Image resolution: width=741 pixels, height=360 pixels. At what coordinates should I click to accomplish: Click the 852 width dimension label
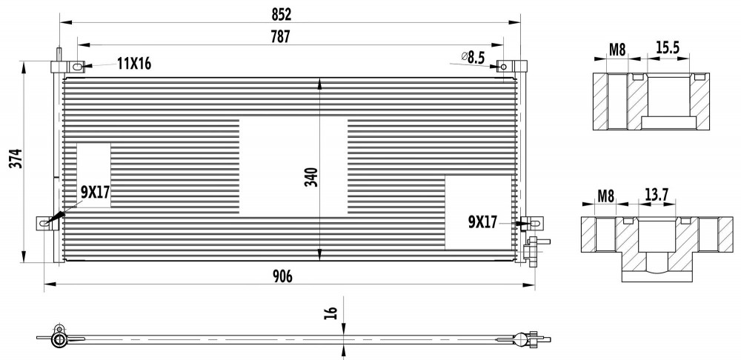281,15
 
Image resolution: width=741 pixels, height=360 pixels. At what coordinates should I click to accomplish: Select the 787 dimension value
281,37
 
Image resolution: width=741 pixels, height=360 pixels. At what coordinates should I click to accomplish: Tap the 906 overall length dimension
282,277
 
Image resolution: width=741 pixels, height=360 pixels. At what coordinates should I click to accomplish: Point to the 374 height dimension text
16,159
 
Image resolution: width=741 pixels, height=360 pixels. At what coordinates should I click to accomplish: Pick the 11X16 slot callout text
134,64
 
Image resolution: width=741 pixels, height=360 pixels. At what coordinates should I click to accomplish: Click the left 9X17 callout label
95,192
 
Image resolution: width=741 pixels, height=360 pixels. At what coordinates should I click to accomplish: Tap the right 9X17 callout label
483,221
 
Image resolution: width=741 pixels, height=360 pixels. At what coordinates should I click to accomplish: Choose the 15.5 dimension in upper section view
668,47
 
